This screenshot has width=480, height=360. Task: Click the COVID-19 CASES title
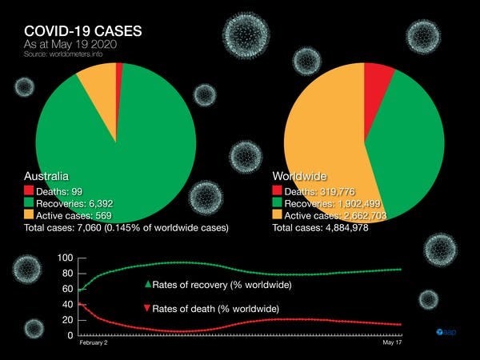point(79,32)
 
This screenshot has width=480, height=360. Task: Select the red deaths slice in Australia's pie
point(119,73)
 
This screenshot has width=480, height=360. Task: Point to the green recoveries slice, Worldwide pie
point(408,148)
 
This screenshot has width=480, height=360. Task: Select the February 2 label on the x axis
point(93,342)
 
